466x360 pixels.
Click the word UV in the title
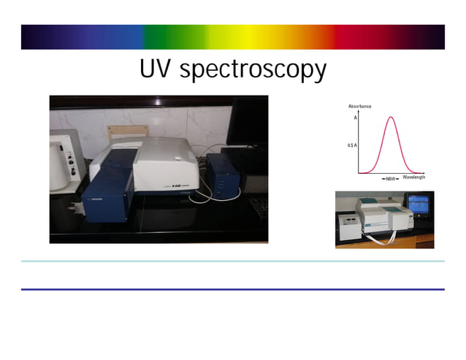point(156,70)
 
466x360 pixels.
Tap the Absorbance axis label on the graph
point(359,107)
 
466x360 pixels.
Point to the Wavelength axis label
point(413,177)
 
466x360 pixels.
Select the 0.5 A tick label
point(352,146)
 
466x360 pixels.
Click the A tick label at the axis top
point(355,118)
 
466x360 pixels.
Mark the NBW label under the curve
point(391,178)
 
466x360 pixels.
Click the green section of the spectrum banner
point(175,37)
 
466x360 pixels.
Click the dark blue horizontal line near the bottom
point(232,289)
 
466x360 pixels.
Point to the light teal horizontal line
point(232,261)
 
